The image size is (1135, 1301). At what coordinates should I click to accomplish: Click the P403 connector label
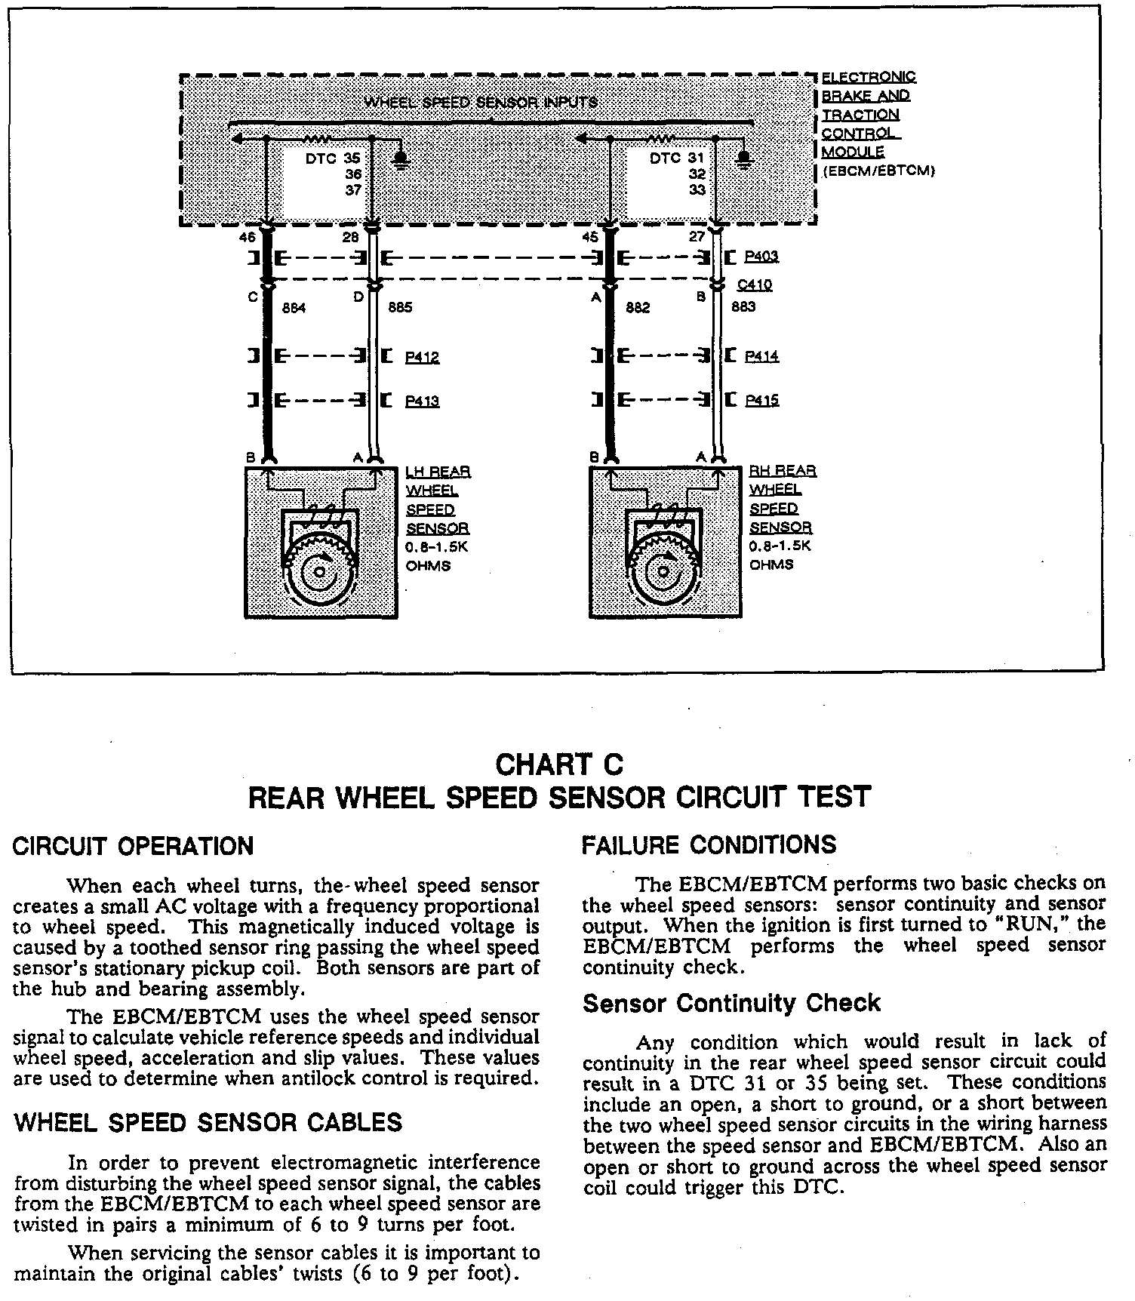point(761,257)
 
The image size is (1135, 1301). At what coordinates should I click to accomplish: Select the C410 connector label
point(754,286)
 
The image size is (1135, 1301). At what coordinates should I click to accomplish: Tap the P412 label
point(422,357)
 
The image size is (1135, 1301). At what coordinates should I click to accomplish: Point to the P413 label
point(422,401)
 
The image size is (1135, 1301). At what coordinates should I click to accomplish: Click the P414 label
point(761,356)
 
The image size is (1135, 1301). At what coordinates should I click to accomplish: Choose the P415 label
point(761,401)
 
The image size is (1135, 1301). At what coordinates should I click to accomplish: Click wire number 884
point(294,308)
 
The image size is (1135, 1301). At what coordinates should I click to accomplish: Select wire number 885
point(400,308)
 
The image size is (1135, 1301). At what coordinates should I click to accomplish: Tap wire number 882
point(638,308)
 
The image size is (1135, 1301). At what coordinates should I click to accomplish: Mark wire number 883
point(743,307)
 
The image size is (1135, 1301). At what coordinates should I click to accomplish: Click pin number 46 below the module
point(248,237)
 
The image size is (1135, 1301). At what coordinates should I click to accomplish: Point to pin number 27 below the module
point(697,237)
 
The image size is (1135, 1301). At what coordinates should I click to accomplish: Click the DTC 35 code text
point(333,159)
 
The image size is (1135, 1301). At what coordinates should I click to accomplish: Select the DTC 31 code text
point(676,158)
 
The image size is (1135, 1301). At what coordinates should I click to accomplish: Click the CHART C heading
point(559,765)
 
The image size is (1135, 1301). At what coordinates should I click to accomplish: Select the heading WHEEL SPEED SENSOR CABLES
point(208,1123)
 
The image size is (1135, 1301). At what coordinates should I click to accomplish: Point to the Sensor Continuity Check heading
point(731,1004)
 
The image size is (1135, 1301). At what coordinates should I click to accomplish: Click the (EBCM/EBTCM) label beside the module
point(879,171)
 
